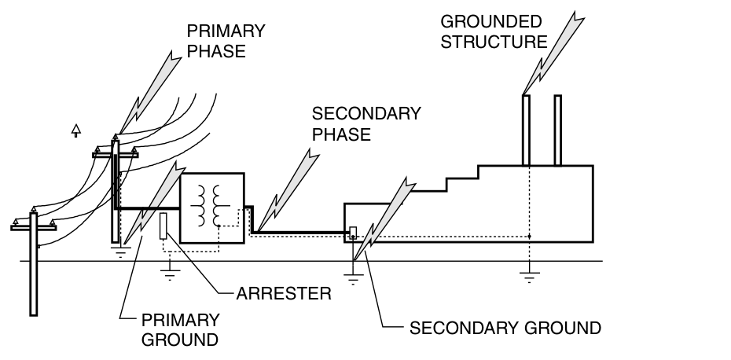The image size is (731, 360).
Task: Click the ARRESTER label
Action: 284,294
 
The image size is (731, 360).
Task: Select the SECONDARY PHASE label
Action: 366,123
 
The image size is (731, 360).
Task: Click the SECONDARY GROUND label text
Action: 505,327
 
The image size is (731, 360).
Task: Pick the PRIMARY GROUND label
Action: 179,330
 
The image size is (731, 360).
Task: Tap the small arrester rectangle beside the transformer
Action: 163,226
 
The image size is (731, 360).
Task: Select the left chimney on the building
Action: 525,130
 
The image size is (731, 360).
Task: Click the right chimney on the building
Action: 557,130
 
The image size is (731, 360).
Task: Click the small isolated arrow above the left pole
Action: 76,129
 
